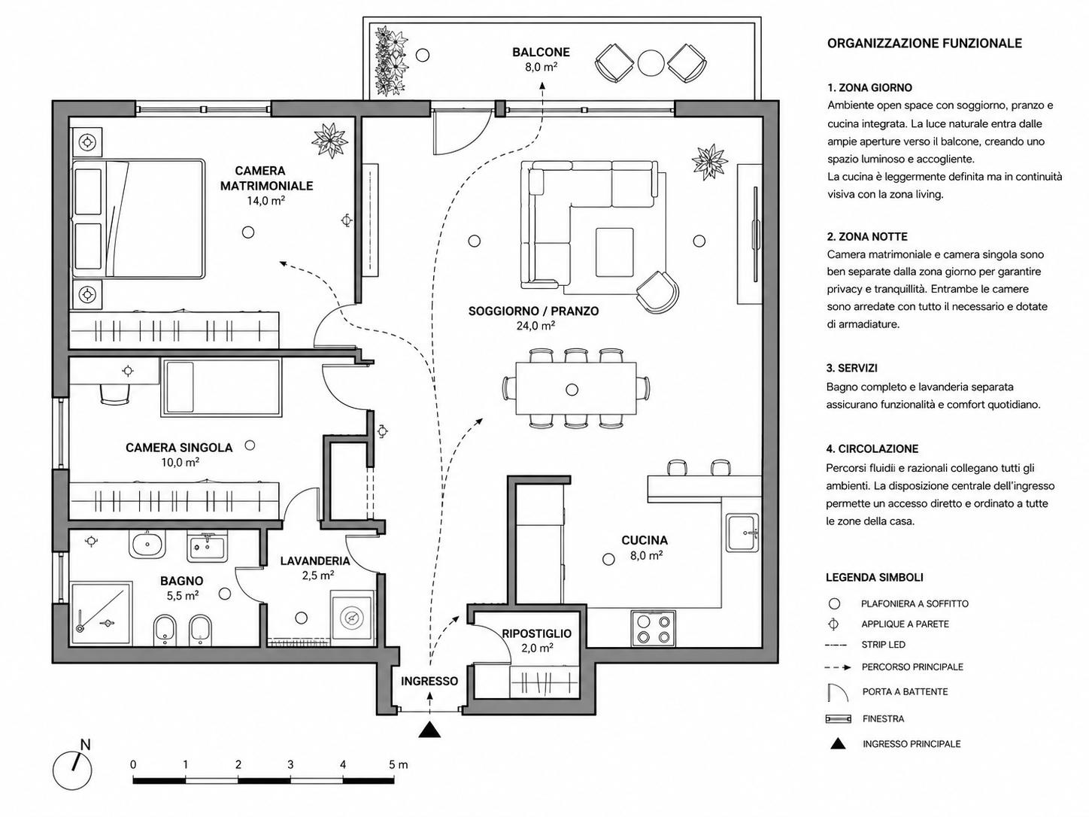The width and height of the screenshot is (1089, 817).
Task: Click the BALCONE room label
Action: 541,52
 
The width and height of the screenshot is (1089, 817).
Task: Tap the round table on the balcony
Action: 651,63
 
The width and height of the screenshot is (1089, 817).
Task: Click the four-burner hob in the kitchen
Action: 653,628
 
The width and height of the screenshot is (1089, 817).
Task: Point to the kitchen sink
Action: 742,533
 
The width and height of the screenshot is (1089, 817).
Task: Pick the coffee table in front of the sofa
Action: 614,252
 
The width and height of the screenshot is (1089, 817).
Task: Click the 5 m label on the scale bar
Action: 398,764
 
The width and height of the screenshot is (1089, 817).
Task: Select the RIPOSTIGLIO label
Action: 537,633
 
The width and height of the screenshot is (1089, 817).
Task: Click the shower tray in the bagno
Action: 102,613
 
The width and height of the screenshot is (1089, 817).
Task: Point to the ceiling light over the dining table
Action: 572,390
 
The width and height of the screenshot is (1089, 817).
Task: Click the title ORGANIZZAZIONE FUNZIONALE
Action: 924,44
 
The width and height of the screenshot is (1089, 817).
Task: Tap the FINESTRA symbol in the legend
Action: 838,718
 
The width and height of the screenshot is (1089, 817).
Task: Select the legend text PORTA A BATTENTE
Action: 905,691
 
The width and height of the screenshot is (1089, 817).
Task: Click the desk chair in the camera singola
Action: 116,395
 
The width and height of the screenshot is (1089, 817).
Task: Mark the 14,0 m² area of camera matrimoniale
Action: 266,200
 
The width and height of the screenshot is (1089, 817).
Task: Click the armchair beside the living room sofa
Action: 657,292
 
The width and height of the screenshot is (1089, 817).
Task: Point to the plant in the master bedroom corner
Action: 329,141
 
